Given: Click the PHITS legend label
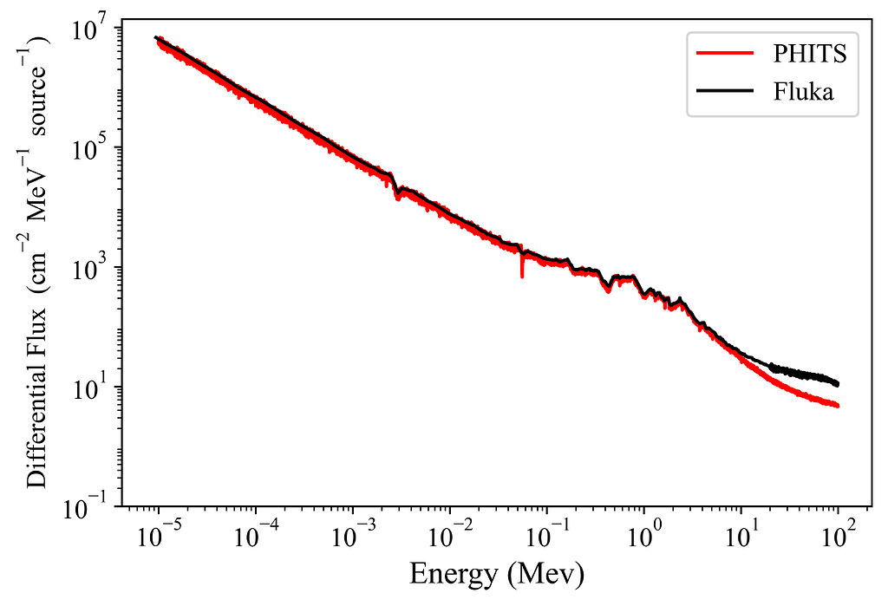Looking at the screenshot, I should click(810, 54).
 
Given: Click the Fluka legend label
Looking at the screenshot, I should click(803, 92).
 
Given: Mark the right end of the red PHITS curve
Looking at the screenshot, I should click(838, 406).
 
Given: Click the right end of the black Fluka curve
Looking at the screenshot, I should click(838, 384).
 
